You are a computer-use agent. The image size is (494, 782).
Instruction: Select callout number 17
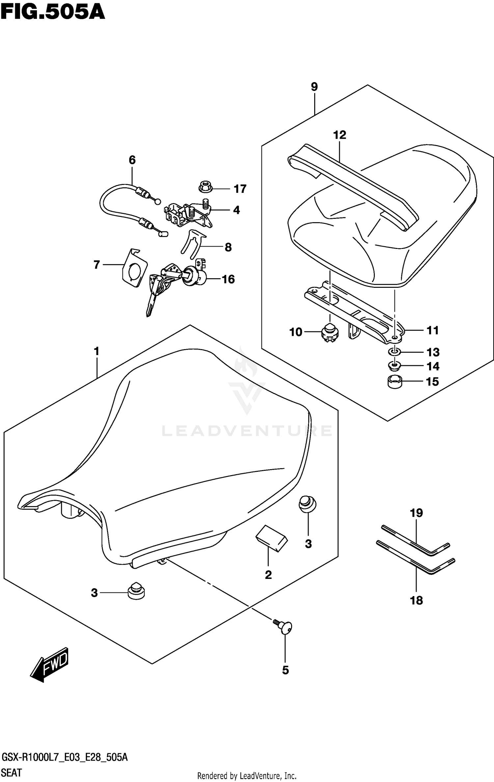click(240, 189)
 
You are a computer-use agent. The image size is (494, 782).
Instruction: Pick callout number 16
click(228, 279)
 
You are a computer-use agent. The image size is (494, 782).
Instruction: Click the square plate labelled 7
click(134, 268)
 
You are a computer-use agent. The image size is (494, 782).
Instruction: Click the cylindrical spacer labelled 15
click(395, 382)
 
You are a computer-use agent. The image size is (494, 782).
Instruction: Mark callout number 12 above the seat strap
click(340, 135)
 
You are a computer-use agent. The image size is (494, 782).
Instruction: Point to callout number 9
click(314, 87)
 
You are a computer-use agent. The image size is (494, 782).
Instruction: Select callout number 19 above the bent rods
click(416, 513)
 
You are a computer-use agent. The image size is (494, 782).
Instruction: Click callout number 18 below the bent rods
click(416, 600)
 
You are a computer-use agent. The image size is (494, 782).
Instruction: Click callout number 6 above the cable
click(132, 160)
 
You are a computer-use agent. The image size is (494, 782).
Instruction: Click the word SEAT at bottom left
click(12, 773)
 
